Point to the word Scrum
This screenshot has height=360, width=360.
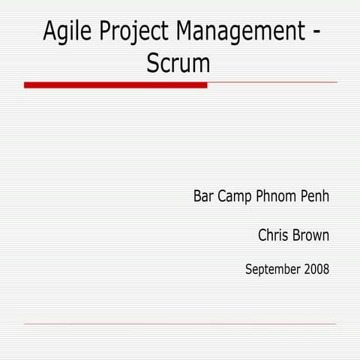(x=178, y=64)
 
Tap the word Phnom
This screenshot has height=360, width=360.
(x=277, y=197)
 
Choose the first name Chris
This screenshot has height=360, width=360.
(x=273, y=235)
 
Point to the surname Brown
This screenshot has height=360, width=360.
(x=311, y=235)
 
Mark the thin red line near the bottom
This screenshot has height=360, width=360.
(x=180, y=324)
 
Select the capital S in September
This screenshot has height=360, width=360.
(x=249, y=268)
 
